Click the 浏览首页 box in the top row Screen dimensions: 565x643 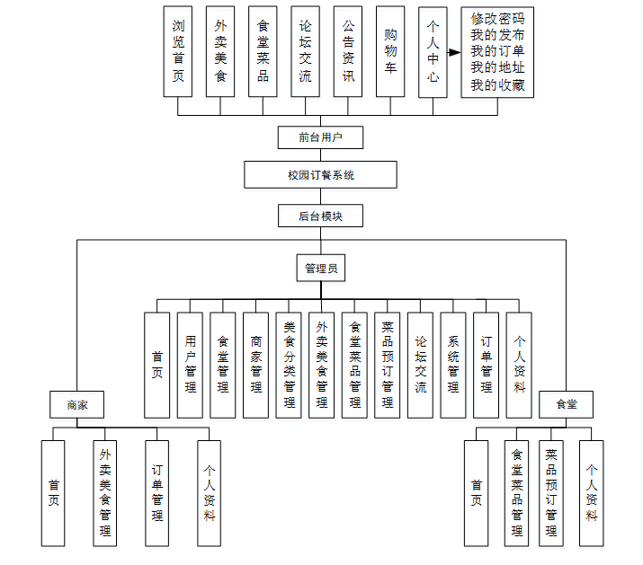tap(178, 52)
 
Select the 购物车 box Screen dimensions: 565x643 tap(390, 52)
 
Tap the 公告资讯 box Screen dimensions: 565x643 tap(348, 52)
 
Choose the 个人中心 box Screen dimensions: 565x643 tap(433, 52)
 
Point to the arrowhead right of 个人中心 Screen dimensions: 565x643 tap(455, 53)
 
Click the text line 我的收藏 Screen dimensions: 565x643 tap(496, 86)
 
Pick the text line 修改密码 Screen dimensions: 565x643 tap(496, 19)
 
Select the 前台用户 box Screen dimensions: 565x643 tap(320, 137)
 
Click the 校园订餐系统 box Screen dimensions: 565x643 tap(320, 175)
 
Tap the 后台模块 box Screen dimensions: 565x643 tap(320, 216)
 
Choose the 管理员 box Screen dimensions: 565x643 tap(320, 268)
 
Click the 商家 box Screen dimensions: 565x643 tap(77, 405)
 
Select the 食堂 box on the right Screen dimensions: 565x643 tap(566, 405)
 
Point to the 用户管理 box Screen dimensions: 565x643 tap(190, 365)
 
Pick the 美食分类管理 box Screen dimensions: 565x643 tap(289, 365)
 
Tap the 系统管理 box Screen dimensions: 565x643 tap(453, 365)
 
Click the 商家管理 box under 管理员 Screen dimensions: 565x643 tap(255, 365)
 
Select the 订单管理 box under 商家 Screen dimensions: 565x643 tap(157, 492)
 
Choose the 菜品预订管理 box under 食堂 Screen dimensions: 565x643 tap(551, 492)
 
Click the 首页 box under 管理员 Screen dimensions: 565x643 tap(156, 365)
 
